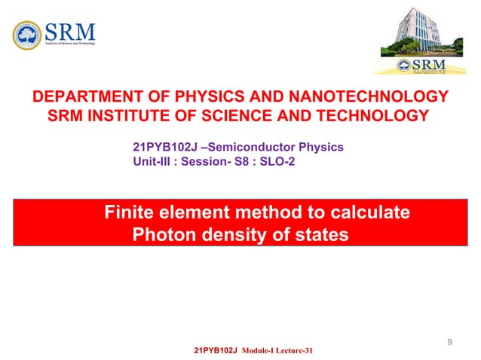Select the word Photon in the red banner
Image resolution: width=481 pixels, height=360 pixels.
pyautogui.click(x=160, y=235)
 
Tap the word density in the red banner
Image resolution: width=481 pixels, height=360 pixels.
pyautogui.click(x=224, y=235)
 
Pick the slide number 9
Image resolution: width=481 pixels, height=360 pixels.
pyautogui.click(x=449, y=343)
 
